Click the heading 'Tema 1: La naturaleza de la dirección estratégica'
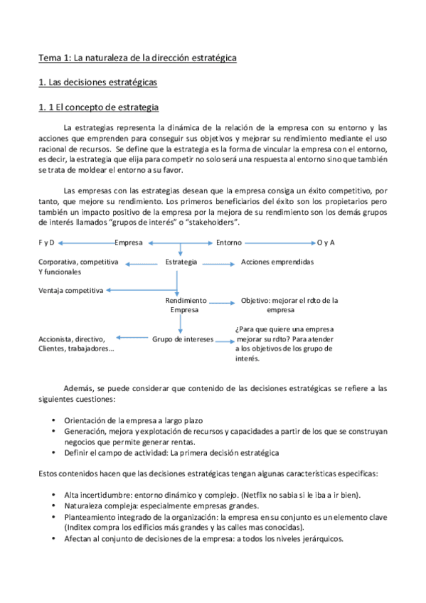tap(137, 57)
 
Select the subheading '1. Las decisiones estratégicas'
tap(97, 82)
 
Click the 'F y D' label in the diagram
tap(46, 242)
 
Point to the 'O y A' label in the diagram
tap(326, 242)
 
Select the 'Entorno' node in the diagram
tap(228, 242)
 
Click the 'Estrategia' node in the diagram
tap(181, 262)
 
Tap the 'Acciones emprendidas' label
tap(277, 262)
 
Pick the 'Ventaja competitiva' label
tap(71, 290)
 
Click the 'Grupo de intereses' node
tap(183, 339)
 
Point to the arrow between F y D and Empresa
tap(85, 242)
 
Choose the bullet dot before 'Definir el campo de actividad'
tap(55, 452)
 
